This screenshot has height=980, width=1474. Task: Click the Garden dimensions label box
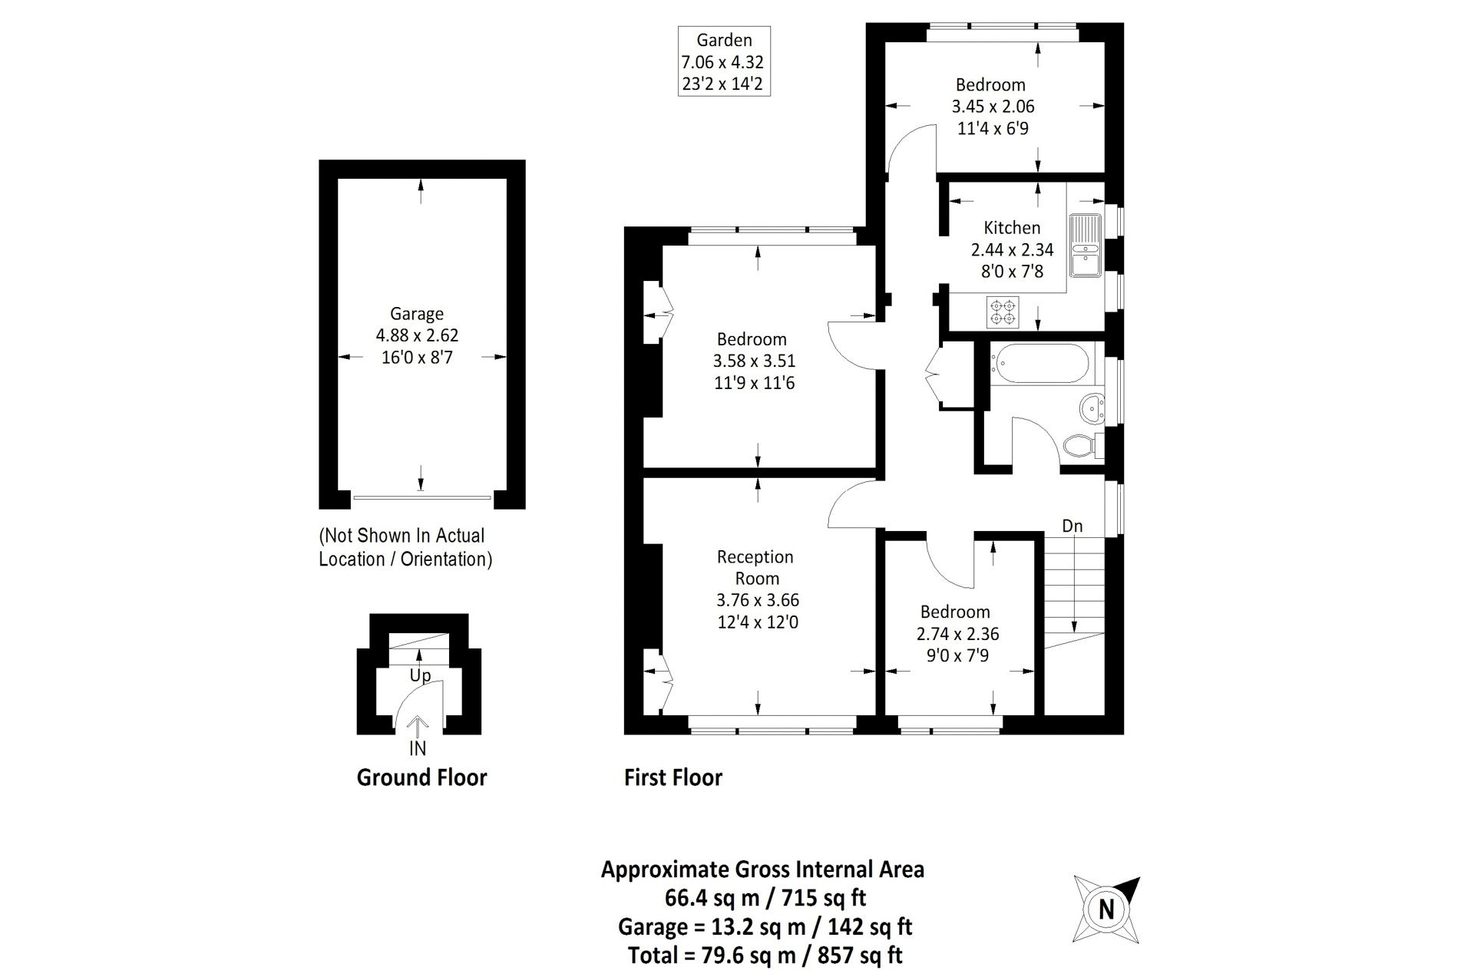point(723,61)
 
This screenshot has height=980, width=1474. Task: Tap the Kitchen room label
point(1012,228)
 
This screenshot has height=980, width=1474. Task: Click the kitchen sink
point(1085,245)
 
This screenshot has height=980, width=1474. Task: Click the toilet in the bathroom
point(1082,446)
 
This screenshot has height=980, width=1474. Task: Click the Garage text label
point(417,314)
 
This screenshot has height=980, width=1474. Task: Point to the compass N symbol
point(1106,909)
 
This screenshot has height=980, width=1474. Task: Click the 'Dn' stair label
point(1072,526)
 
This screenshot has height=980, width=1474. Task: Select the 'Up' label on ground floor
point(420,676)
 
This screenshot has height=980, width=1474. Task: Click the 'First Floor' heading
point(673,778)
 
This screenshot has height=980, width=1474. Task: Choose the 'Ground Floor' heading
point(421,778)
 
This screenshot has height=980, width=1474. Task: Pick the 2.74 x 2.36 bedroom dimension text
point(957,634)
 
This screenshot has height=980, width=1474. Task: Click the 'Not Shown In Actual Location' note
point(405,547)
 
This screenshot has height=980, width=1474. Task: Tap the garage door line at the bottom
point(421,498)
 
